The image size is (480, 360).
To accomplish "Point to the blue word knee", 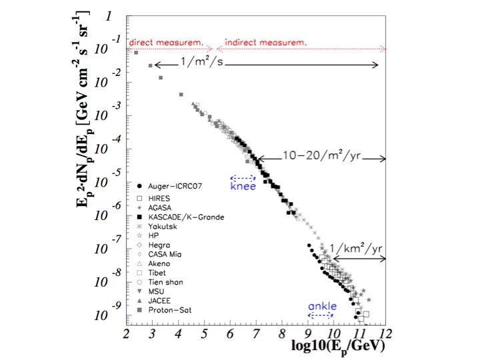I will point(243,187).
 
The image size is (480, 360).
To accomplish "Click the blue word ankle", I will point(322,306).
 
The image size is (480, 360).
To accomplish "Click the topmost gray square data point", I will point(136,53).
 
